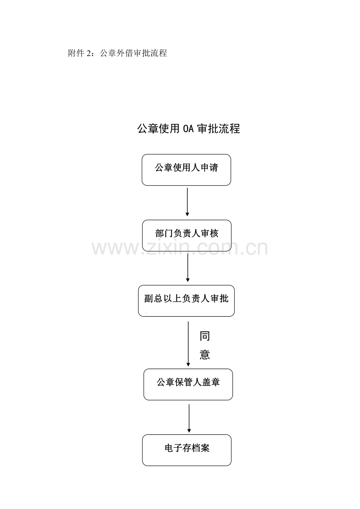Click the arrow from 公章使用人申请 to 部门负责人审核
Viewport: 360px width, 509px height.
coord(187,202)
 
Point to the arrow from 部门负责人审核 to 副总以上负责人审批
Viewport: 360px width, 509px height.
coord(187,267)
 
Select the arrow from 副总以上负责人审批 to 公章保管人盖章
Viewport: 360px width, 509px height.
coord(188,344)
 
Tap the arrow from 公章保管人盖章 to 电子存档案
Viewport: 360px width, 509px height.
coord(189,418)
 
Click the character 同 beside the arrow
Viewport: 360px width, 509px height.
coord(205,336)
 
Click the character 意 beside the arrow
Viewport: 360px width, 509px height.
coord(205,355)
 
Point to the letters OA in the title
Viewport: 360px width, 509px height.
coord(188,129)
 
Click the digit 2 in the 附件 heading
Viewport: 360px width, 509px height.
coord(88,53)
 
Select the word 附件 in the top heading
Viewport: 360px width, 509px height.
coord(76,53)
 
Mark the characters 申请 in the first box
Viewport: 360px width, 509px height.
coord(209,168)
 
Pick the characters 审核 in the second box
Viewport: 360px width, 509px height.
coord(210,233)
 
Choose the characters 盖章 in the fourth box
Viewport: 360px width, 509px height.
coord(211,382)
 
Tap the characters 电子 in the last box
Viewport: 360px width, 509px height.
coord(174,448)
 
